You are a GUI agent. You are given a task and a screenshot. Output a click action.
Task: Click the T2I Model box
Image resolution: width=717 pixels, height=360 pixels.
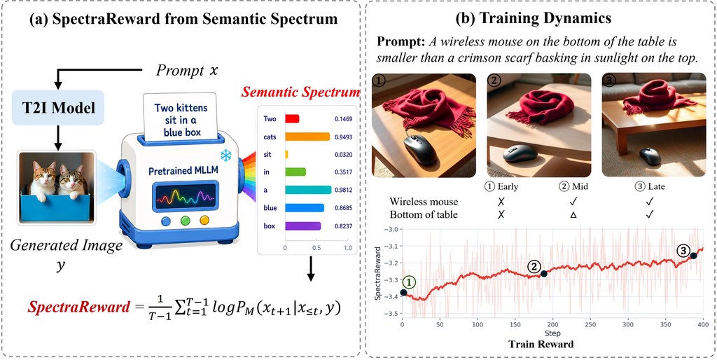58,108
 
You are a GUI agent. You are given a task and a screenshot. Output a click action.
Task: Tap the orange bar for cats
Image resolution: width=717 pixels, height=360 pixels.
307,137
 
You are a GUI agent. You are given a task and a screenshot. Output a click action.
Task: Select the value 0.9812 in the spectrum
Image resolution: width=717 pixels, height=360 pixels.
343,189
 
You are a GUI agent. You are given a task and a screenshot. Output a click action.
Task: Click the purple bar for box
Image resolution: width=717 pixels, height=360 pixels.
302,226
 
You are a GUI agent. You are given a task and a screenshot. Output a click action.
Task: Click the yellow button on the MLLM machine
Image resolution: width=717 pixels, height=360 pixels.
204,221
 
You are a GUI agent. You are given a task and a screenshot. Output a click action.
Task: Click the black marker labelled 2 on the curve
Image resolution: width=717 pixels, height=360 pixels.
543,274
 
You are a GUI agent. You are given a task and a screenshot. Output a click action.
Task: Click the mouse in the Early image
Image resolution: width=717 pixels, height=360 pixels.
420,150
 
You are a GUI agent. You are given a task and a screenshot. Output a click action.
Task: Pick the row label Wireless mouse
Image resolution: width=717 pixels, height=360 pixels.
424,202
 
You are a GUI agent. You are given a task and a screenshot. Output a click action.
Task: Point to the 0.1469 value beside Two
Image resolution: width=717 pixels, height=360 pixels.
343,119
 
